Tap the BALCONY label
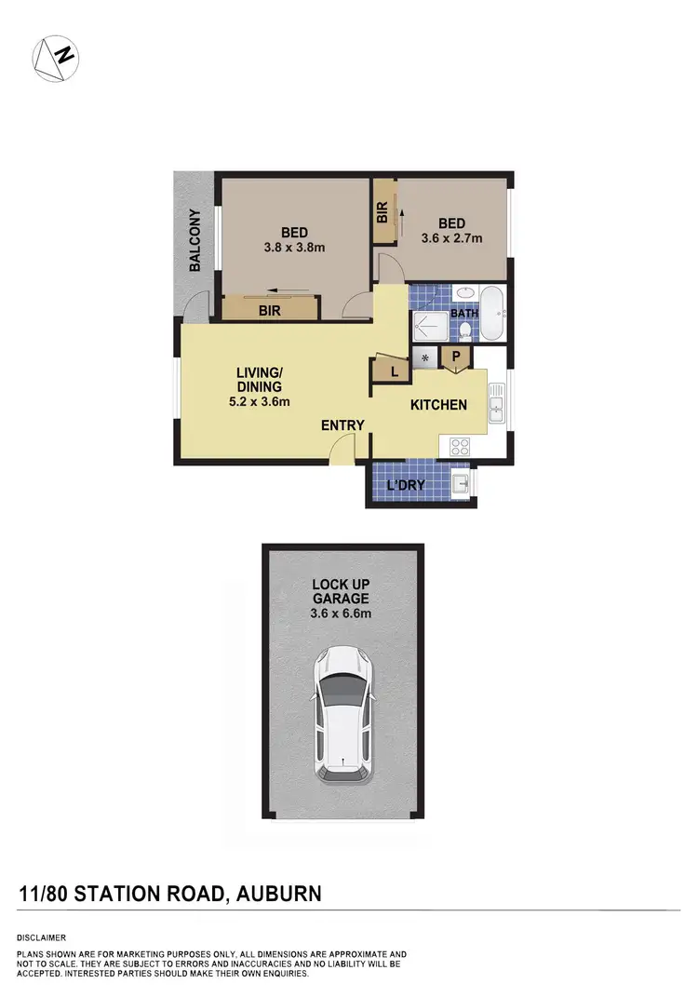click(195, 241)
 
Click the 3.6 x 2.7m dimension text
click(451, 238)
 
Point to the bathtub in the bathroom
click(491, 313)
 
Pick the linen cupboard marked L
click(393, 371)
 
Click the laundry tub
click(461, 484)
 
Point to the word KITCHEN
click(439, 405)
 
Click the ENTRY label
click(342, 425)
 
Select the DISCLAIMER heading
click(41, 937)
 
